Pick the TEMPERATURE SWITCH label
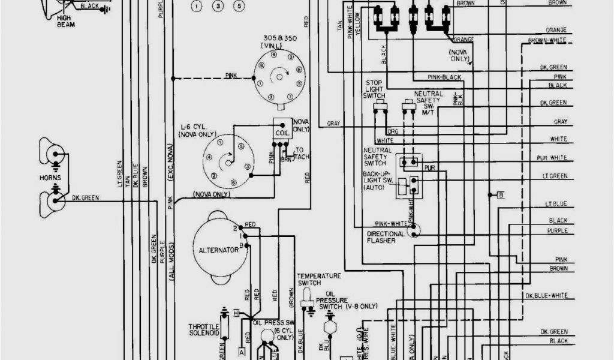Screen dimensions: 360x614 coord(318,278)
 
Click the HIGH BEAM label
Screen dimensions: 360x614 coord(64,22)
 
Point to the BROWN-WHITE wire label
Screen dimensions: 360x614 coord(547,41)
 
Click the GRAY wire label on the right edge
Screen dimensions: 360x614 coord(560,122)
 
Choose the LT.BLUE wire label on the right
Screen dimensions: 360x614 coord(555,204)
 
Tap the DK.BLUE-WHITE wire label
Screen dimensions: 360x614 coord(546,296)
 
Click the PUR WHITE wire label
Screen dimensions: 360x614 coord(552,158)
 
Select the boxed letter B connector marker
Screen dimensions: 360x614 coord(500,194)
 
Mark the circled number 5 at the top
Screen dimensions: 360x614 coord(239,6)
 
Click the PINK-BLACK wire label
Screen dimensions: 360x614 coord(444,77)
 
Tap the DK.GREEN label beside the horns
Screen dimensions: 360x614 coord(85,197)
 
